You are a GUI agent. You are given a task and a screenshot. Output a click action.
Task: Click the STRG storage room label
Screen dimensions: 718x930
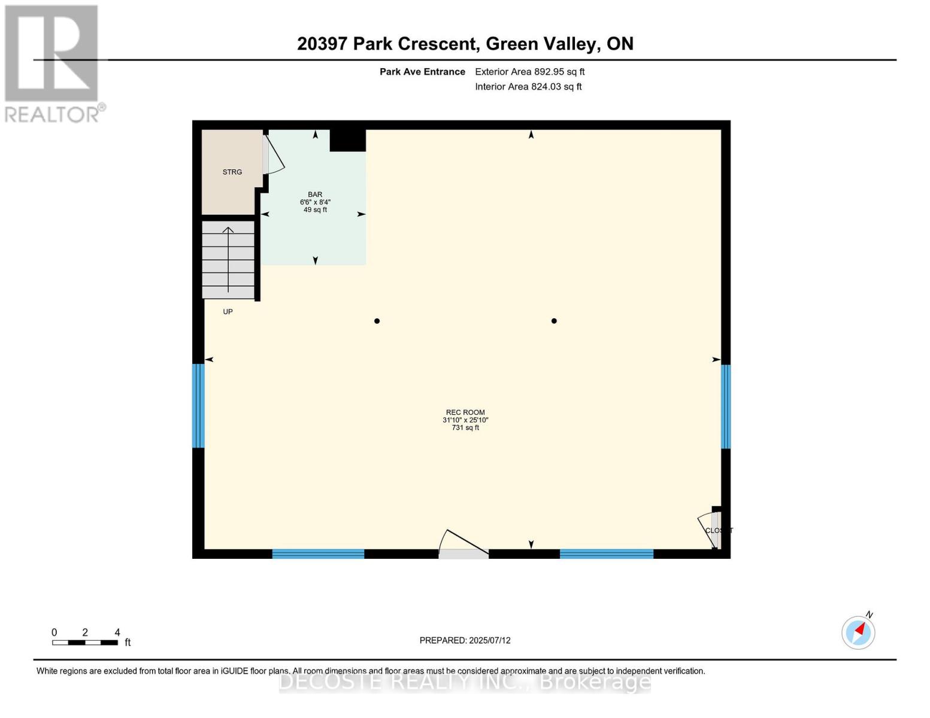tap(232, 172)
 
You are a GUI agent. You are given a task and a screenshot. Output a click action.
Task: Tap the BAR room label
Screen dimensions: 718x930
tap(315, 194)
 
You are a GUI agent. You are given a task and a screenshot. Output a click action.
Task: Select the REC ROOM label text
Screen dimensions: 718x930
tap(465, 412)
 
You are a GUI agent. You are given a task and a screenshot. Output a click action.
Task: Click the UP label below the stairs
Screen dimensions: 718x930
tap(228, 312)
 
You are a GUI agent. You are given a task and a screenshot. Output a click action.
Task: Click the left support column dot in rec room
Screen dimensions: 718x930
tap(377, 321)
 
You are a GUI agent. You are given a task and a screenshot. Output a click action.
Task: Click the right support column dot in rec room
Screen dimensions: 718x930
tap(554, 321)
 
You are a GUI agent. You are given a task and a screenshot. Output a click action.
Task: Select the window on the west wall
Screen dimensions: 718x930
tap(198, 406)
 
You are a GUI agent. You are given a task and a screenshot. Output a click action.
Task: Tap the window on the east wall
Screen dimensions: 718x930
tap(725, 406)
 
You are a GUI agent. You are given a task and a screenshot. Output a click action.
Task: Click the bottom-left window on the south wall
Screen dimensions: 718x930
tap(318, 554)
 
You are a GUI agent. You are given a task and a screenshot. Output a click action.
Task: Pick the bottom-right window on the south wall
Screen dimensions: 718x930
tap(606, 554)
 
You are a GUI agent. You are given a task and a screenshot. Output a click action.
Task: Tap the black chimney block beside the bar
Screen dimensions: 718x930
tap(347, 141)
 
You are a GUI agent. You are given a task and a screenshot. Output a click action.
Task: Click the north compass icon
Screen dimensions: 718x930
tap(858, 632)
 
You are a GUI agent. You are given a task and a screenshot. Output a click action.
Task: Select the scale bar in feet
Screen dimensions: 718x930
tap(84, 643)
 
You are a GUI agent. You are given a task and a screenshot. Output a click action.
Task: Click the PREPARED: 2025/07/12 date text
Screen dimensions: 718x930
tap(465, 640)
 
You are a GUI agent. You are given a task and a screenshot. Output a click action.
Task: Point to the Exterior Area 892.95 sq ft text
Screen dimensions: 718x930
tap(529, 72)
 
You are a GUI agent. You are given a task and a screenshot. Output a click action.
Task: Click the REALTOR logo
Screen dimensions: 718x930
tap(53, 63)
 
